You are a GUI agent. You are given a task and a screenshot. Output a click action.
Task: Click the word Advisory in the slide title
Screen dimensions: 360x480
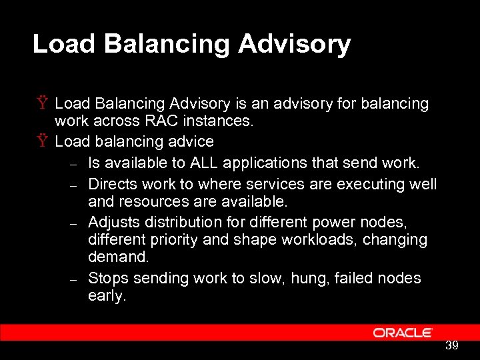[294, 44]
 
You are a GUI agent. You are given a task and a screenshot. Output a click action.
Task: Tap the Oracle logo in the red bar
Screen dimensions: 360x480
[403, 333]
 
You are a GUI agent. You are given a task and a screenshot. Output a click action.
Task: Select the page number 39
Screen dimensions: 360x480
[451, 345]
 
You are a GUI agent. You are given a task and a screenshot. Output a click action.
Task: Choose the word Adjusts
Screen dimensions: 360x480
[111, 221]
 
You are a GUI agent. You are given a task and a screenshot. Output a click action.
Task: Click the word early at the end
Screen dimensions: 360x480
[105, 296]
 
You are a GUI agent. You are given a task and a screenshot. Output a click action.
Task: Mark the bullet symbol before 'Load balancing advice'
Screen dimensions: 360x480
[43, 141]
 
